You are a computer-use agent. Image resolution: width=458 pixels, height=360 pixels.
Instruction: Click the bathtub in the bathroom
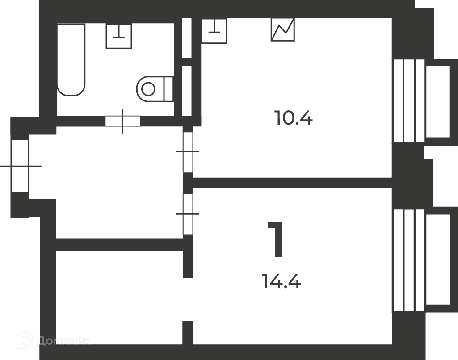(71, 60)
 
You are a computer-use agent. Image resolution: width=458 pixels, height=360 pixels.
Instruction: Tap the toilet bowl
(151, 89)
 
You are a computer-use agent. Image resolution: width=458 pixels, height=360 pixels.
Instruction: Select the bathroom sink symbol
(119, 36)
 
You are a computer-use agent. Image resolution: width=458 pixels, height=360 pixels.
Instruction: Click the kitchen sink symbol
(214, 31)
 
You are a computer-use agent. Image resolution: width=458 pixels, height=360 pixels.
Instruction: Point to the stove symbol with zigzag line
(282, 29)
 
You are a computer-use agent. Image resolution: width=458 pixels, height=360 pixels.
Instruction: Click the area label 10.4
(294, 117)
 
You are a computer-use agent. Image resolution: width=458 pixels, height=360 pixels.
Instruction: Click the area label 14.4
(282, 281)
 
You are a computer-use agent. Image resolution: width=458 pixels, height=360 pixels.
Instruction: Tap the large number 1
(276, 239)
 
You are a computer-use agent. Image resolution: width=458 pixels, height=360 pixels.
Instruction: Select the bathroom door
(123, 121)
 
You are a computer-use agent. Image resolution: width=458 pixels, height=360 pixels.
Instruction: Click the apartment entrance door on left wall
(20, 166)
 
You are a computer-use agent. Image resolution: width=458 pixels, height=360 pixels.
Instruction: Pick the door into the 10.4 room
(188, 152)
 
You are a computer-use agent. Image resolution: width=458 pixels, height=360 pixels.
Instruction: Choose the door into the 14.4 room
(188, 214)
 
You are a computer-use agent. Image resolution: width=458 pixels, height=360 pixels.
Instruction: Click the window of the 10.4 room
(409, 101)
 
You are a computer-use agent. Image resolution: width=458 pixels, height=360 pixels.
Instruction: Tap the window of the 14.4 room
(409, 260)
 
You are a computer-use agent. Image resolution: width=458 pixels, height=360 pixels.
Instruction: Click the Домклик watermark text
(63, 341)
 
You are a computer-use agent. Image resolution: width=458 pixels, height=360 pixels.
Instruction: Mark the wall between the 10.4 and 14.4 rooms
(292, 183)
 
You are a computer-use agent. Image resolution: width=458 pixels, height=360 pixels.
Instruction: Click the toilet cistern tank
(169, 89)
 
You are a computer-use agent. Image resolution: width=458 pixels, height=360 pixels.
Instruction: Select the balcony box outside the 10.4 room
(441, 101)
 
